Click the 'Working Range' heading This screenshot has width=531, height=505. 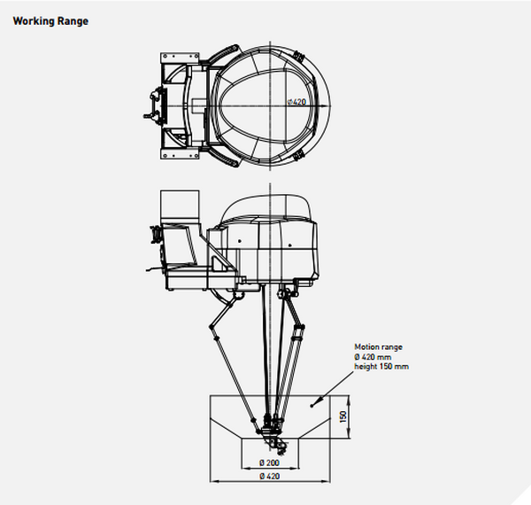(x=50, y=20)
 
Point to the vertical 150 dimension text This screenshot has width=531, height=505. (x=342, y=416)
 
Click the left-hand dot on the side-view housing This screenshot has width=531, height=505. (x=240, y=240)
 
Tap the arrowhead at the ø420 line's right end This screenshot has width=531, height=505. (x=320, y=104)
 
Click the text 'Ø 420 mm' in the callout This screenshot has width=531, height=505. (x=374, y=357)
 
